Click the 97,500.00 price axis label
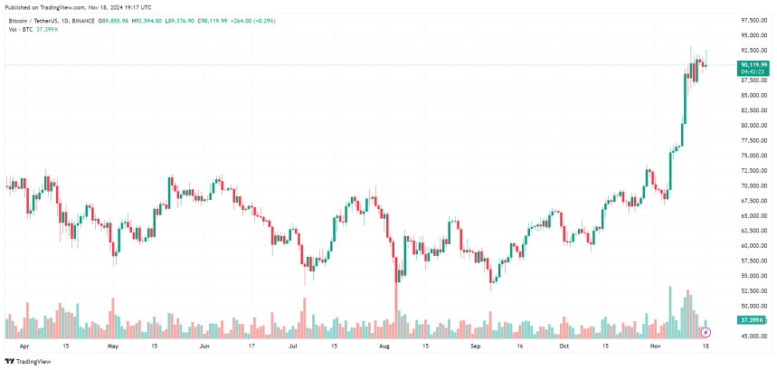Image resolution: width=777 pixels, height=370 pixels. (753, 20)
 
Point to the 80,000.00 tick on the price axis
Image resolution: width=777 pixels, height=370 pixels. (753, 125)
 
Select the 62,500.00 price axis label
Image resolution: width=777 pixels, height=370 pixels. (753, 230)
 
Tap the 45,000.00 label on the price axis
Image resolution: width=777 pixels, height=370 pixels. (753, 336)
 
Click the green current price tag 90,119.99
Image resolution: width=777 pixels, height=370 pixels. (753, 65)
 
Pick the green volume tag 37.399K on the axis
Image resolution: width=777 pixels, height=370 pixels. (753, 320)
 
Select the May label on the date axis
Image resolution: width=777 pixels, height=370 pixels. (113, 346)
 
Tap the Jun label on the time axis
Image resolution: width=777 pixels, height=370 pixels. (204, 346)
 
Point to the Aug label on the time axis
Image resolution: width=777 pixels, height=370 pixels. (384, 346)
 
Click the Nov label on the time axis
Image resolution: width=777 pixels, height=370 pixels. (656, 346)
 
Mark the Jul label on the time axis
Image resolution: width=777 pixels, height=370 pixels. (293, 346)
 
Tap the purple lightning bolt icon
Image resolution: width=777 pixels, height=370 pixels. (706, 333)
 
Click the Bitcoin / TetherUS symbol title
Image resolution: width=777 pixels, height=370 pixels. (34, 18)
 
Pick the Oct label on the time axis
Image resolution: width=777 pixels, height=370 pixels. (564, 346)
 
